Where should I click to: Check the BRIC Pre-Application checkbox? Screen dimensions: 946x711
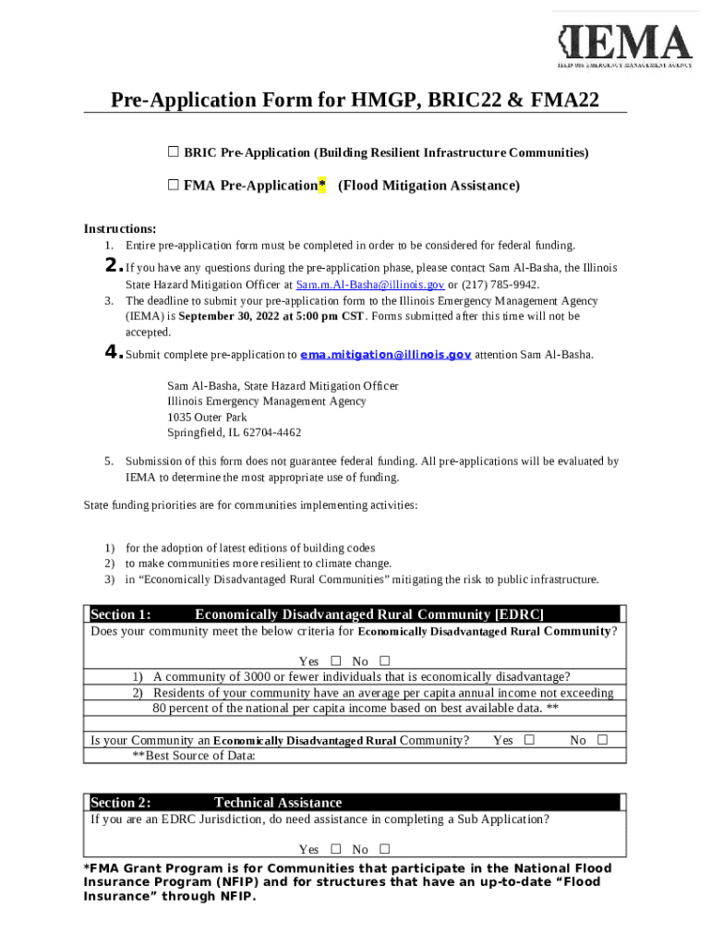pyautogui.click(x=173, y=152)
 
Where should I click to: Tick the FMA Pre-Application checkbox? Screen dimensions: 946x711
pyautogui.click(x=173, y=185)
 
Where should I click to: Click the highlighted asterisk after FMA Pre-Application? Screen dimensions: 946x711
pyautogui.click(x=321, y=186)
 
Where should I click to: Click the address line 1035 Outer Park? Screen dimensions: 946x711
pyautogui.click(x=207, y=417)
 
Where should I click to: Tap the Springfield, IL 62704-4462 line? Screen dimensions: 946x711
pyautogui.click(x=234, y=432)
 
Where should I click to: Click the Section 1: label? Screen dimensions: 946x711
pyautogui.click(x=121, y=614)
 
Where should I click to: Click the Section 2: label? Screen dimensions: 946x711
pyautogui.click(x=121, y=802)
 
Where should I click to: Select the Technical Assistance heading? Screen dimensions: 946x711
pyautogui.click(x=278, y=802)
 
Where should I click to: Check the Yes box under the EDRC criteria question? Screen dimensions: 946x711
pyautogui.click(x=335, y=661)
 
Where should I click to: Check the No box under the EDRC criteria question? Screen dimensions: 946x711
pyautogui.click(x=384, y=661)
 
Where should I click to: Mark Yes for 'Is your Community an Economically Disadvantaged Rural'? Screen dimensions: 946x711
pyautogui.click(x=529, y=740)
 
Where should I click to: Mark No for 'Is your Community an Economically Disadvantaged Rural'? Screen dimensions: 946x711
pyautogui.click(x=602, y=740)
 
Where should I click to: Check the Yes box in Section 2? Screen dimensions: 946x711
pyautogui.click(x=335, y=849)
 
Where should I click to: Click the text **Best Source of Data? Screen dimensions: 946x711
pyautogui.click(x=193, y=756)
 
